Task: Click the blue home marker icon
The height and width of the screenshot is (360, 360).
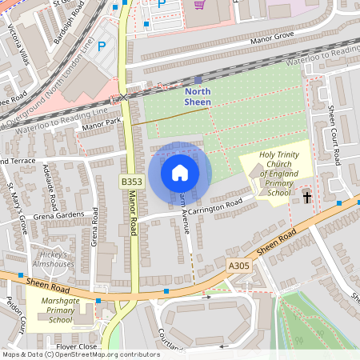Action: tap(180, 172)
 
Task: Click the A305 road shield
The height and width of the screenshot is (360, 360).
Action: tap(238, 266)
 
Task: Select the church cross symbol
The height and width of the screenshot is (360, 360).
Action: tap(307, 196)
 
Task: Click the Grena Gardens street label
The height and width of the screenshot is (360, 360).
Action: tap(58, 214)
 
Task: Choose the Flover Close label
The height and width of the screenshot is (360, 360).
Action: tap(77, 346)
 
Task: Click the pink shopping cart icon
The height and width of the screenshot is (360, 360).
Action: tap(199, 4)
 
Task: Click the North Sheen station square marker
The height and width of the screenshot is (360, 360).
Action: tap(198, 80)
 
